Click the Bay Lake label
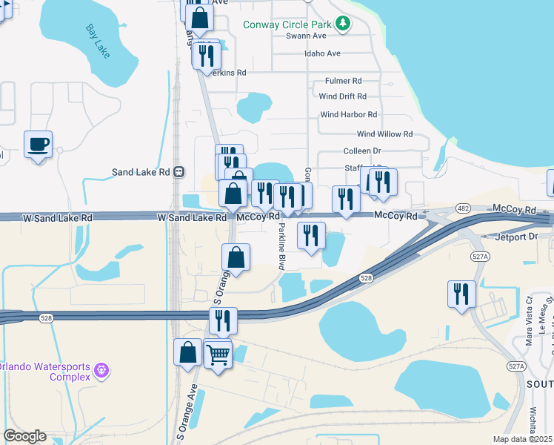[x=97, y=41]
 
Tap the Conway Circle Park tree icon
[x=342, y=24]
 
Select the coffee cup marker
[x=38, y=144]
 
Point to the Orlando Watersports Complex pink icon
[x=102, y=369]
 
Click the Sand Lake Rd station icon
[x=178, y=172]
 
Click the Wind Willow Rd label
[x=384, y=134]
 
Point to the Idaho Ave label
[x=322, y=53]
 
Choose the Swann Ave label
[x=306, y=36]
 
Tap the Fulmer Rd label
[x=343, y=81]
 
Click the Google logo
[x=24, y=436]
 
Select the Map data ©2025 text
[x=522, y=439]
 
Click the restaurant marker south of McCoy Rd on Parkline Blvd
[x=311, y=235]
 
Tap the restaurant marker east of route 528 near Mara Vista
[x=461, y=294]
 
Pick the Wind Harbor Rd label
[x=348, y=115]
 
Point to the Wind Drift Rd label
[x=342, y=96]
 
